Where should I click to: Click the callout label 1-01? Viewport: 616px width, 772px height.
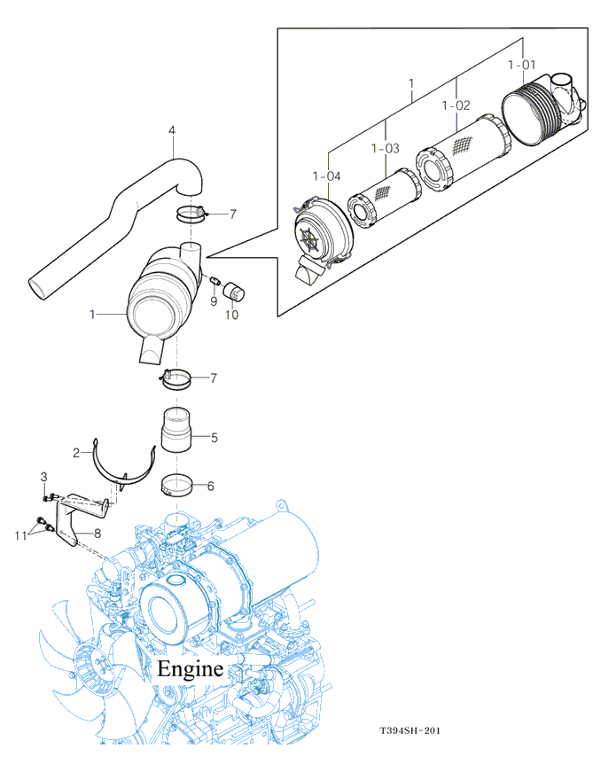click(x=521, y=65)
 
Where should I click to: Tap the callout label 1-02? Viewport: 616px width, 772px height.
click(x=456, y=105)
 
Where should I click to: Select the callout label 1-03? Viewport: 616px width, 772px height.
click(x=385, y=148)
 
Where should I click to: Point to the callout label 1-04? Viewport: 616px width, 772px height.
click(x=326, y=176)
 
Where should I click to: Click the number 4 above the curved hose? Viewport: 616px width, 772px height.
click(x=172, y=130)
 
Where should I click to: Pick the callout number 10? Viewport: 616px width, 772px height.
click(x=232, y=315)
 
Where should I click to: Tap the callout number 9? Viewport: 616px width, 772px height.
click(x=214, y=301)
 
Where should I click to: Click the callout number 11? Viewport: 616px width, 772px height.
click(x=20, y=535)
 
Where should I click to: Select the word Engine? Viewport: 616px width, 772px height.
click(x=190, y=668)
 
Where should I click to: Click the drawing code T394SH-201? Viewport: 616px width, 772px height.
click(x=409, y=730)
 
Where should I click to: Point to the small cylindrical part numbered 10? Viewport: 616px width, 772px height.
click(x=234, y=291)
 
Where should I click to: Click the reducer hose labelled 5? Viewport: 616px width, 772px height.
click(x=176, y=429)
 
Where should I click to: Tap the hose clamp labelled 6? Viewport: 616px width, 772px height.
click(x=175, y=485)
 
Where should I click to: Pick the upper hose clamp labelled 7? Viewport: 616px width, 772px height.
click(x=191, y=214)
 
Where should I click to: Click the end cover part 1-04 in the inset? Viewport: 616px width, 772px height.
click(x=323, y=231)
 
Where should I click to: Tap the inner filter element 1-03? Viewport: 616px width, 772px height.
click(x=385, y=198)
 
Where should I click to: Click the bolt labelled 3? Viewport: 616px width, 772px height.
click(x=50, y=496)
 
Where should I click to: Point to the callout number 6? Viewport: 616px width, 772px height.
click(x=211, y=487)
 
